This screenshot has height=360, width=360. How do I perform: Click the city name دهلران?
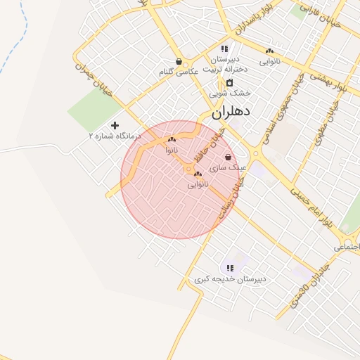coord(231,111)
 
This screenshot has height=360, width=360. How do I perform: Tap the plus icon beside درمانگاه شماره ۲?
coord(115,125)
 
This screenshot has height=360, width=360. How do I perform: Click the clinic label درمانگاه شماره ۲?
coord(115,135)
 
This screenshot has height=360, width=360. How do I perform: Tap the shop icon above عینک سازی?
coord(227,157)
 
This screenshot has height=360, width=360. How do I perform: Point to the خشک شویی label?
coord(229,93)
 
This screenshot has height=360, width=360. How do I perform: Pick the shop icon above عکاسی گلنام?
coord(179,61)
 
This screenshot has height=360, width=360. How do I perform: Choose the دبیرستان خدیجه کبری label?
coord(231,279)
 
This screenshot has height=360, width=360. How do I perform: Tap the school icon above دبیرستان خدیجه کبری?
coord(230,268)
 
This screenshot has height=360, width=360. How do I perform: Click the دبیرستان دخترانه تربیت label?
coord(222,64)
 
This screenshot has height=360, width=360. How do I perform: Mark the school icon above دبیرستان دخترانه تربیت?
coord(224,49)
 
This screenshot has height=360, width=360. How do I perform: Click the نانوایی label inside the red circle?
coord(198,184)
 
